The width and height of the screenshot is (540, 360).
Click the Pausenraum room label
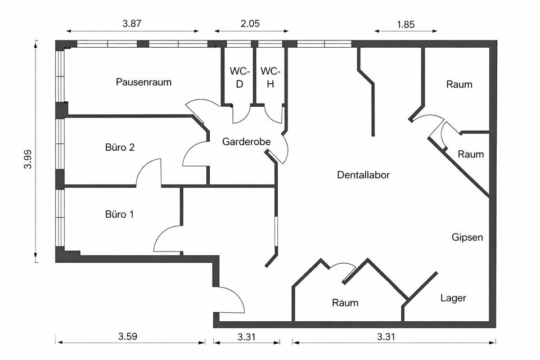(143, 82)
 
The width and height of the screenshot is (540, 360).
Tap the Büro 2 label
(120, 147)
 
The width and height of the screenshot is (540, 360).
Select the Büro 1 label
(119, 214)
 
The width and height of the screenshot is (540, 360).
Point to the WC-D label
(238, 78)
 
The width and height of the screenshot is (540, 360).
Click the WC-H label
(270, 78)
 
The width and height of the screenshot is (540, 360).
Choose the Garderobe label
(246, 142)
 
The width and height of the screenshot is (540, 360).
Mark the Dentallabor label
(363, 175)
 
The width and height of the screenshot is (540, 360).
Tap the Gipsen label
(467, 237)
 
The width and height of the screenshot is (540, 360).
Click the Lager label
(453, 298)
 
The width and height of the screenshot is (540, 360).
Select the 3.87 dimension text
(132, 24)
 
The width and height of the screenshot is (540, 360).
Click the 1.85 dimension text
(407, 24)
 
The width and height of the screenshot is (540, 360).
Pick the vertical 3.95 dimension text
(28, 151)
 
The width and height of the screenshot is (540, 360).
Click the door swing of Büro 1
(166, 239)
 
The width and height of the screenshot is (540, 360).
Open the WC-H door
(274, 114)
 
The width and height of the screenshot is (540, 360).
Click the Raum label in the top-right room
(460, 85)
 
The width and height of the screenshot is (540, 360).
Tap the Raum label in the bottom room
(345, 303)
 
